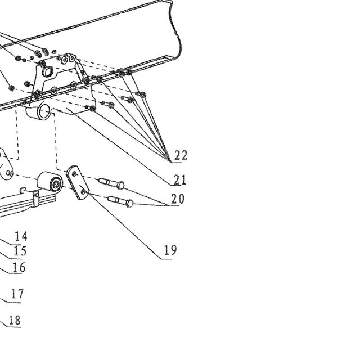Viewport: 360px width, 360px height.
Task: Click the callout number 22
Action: click(181, 155)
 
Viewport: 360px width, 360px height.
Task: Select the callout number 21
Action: click(180, 179)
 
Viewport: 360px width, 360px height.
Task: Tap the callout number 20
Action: click(178, 199)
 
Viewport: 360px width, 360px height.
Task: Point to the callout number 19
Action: click(170, 250)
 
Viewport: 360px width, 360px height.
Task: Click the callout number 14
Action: click(21, 236)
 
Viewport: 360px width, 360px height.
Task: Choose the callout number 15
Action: click(20, 251)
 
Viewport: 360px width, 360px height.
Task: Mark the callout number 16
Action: click(19, 268)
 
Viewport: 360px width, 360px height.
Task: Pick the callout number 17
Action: click(17, 294)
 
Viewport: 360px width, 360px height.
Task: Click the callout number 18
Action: click(15, 320)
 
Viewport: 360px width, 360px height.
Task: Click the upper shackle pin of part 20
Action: click(111, 183)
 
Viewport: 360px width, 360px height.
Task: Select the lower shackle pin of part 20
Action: click(120, 201)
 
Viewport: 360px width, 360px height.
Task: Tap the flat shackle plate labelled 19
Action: click(78, 182)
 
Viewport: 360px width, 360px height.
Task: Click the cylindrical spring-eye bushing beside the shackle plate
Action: click(50, 181)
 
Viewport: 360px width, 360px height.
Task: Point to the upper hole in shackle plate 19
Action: click(74, 174)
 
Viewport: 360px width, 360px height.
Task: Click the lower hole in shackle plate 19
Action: click(84, 191)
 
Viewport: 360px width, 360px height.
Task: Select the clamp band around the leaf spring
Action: click(36, 199)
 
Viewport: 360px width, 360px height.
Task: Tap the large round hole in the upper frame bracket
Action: click(47, 71)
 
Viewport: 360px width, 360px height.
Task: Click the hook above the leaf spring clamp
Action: click(23, 190)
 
